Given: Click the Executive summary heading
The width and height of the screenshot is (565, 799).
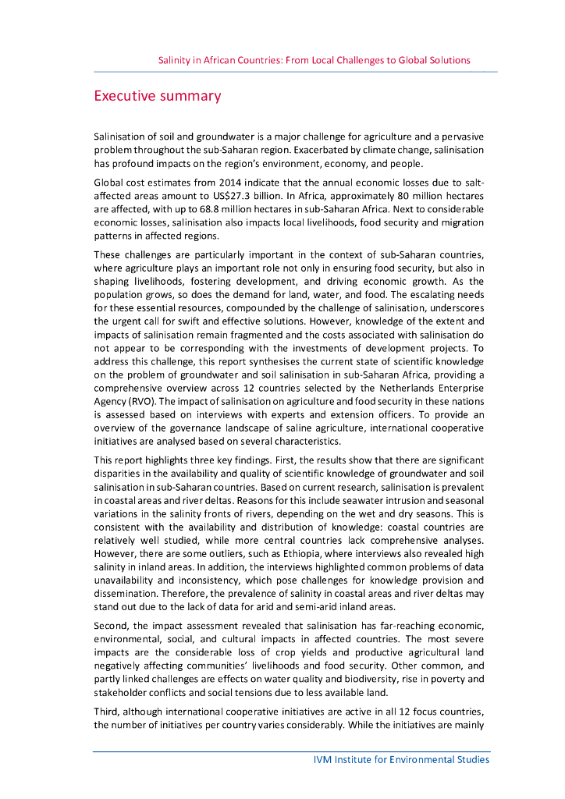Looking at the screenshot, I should [x=157, y=97].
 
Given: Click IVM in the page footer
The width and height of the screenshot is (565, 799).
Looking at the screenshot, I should [x=314, y=759].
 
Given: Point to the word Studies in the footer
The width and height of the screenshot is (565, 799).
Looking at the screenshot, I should [x=471, y=759].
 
